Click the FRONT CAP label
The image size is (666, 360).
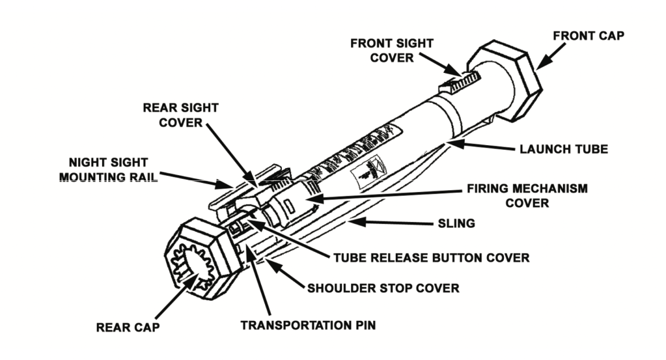coord(588,35)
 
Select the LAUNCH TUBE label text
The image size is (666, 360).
coord(563,149)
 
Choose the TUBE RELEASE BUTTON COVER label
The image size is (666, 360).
coord(432,258)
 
